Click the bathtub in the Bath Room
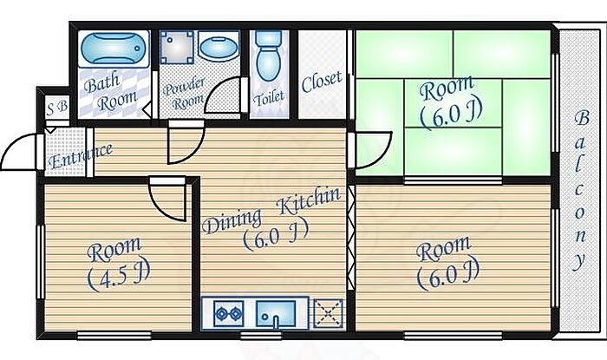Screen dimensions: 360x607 point(116,50)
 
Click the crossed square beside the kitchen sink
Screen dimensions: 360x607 point(327,311)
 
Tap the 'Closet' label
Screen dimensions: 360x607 point(322,82)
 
